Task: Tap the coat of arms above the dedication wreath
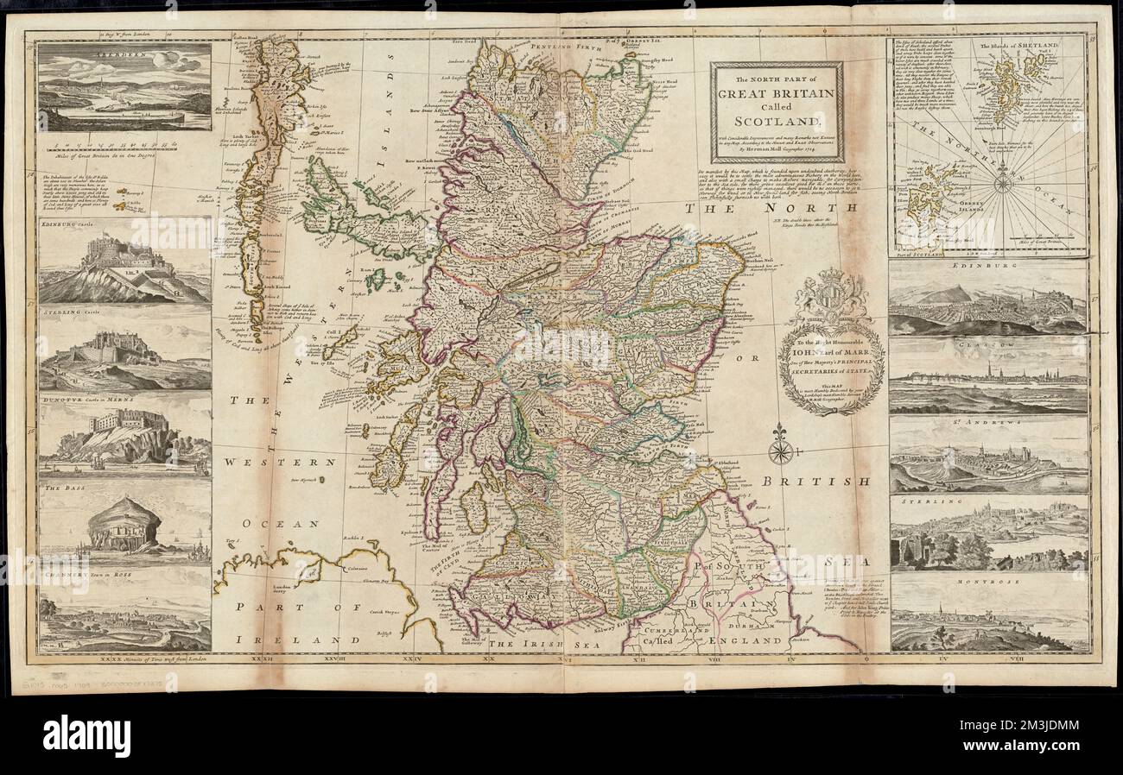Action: (x=830, y=299)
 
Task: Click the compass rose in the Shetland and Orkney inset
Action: (x=1002, y=182)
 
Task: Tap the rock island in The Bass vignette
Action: (x=124, y=522)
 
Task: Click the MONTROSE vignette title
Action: (x=987, y=582)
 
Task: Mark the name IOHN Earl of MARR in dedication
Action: (x=832, y=351)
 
